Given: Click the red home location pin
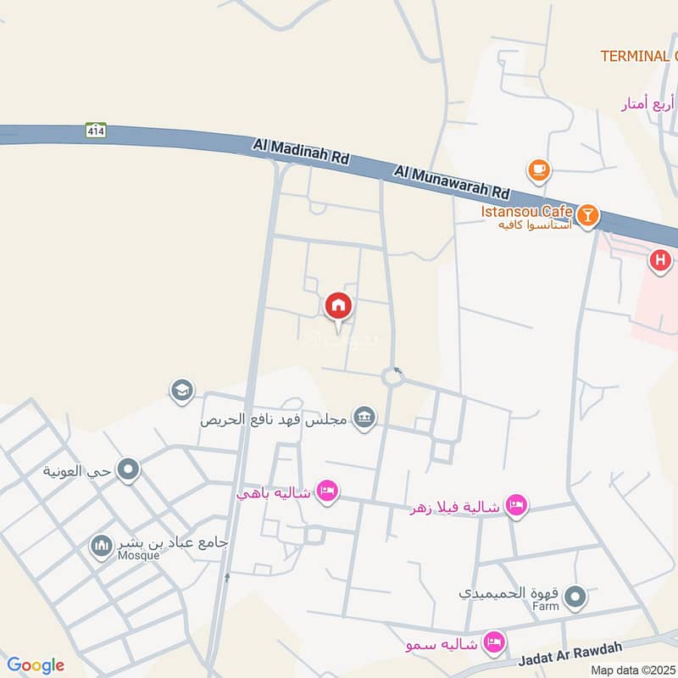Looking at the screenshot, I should (337, 306).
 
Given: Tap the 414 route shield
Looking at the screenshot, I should (94, 131).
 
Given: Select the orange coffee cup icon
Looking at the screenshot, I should (538, 170).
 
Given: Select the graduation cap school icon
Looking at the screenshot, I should (181, 391).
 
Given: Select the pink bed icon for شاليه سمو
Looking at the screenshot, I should (492, 643).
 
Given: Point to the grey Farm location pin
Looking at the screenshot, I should (576, 598).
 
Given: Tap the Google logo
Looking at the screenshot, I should (35, 665).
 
